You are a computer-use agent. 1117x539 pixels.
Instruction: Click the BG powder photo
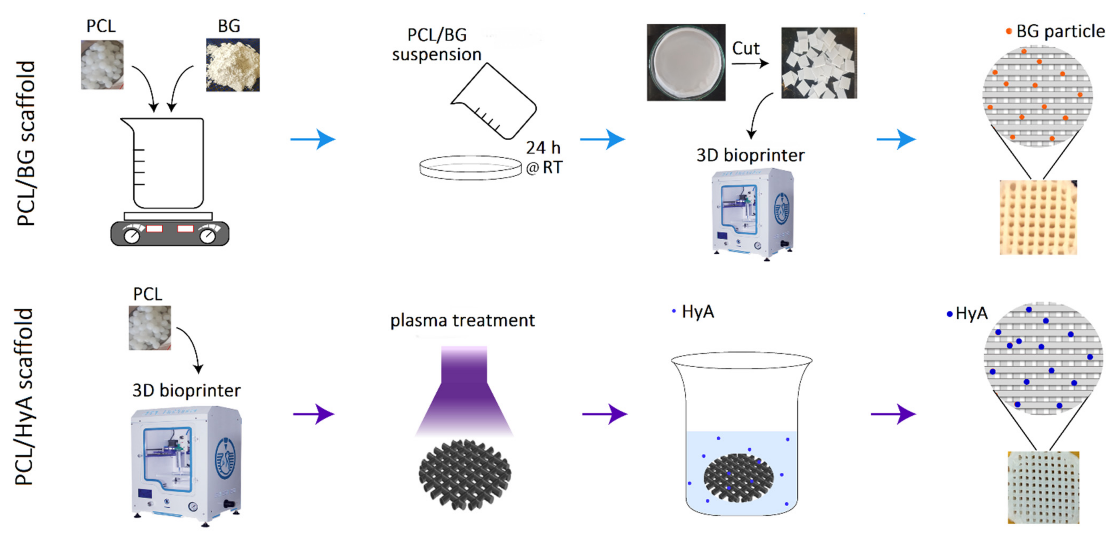point(233,65)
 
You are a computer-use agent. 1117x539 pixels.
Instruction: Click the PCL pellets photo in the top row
point(102,65)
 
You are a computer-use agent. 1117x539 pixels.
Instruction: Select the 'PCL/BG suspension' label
point(437,45)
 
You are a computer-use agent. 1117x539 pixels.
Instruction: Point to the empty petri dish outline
point(470,168)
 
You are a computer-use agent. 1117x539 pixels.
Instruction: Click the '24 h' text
point(543,148)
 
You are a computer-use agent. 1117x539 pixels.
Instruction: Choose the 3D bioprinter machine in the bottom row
point(186,466)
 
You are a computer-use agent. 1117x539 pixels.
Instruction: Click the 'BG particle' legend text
point(1060,31)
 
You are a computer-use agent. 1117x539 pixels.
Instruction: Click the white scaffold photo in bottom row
point(1043,488)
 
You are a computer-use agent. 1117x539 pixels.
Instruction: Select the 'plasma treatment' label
point(462,321)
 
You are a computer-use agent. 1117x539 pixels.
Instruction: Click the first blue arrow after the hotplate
point(313,139)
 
